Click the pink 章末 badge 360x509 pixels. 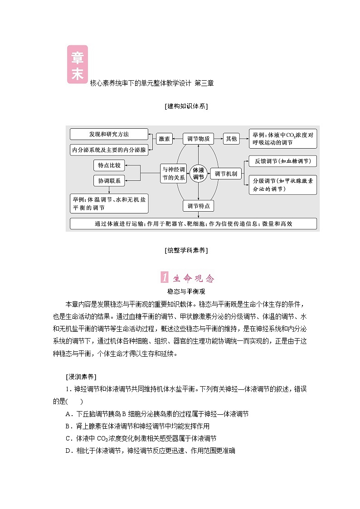tap(78, 64)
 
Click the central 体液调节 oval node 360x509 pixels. tap(198, 174)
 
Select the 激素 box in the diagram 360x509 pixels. tap(164, 139)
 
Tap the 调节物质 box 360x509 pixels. tap(198, 139)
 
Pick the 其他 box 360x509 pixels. tap(231, 139)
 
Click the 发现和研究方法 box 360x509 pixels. tap(109, 135)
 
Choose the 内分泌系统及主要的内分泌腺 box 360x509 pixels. tap(109, 149)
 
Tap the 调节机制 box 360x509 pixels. tap(225, 174)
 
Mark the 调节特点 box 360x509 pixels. tap(198, 206)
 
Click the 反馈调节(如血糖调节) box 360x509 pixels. tap(282, 161)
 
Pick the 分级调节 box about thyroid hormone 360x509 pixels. tap(282, 184)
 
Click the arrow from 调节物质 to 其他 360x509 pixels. tap(219, 139)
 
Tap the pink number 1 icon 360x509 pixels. tap(165, 278)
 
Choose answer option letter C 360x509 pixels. tap(68, 438)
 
